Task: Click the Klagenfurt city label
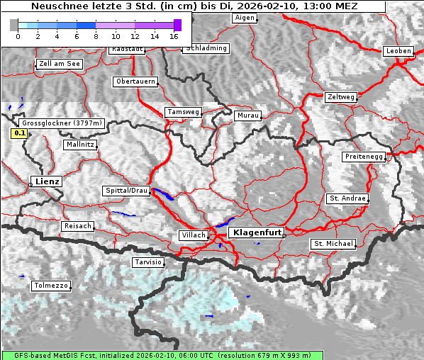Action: click(255, 232)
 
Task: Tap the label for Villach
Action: click(193, 235)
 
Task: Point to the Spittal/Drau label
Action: click(126, 191)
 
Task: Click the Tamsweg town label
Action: click(183, 112)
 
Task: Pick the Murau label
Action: click(248, 115)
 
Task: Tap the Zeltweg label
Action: click(340, 97)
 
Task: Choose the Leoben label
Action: click(397, 51)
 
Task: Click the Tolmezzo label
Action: click(51, 286)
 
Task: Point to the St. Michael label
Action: click(333, 244)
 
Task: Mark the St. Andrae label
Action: click(347, 198)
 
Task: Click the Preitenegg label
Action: click(364, 156)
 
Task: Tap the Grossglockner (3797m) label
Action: click(62, 123)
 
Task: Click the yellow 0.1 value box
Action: click(20, 133)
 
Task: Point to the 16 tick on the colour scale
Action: click(174, 35)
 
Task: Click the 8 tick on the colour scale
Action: click(95, 35)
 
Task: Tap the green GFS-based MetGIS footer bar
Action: click(162, 355)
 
